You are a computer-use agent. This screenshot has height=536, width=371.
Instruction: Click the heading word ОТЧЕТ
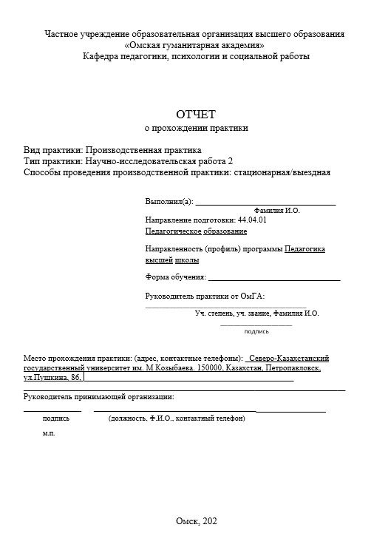click(195, 114)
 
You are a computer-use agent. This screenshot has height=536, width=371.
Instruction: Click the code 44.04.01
click(252, 220)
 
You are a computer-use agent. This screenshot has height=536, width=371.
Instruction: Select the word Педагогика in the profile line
click(304, 249)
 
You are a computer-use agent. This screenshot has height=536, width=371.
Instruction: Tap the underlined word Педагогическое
click(170, 231)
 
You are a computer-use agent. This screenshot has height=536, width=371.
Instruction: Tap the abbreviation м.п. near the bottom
click(49, 433)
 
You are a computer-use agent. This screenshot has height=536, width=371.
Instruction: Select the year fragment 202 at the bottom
click(210, 521)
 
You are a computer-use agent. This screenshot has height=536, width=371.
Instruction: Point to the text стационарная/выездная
click(281, 173)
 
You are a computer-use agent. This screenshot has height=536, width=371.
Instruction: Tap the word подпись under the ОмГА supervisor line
click(256, 331)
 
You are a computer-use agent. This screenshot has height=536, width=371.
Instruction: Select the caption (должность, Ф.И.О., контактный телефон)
click(177, 418)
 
